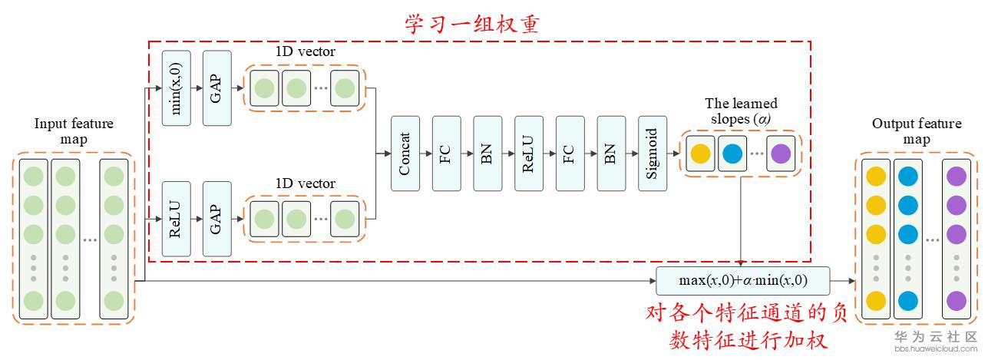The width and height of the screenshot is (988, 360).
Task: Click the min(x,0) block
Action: pos(177,88)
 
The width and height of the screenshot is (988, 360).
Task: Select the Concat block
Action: pos(405,154)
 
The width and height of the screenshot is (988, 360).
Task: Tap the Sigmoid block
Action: pos(653,154)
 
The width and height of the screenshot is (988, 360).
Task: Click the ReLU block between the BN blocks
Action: pos(529,154)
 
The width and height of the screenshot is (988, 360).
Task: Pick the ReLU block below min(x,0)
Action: pos(177,219)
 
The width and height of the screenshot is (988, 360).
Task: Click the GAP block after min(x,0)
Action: pos(217,88)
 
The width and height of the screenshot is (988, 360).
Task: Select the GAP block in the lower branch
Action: pos(217,219)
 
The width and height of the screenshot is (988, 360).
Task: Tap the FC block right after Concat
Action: pos(446,154)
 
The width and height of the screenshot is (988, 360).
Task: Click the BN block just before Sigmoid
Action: pos(611,154)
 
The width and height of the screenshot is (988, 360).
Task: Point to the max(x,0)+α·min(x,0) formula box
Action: pos(743,281)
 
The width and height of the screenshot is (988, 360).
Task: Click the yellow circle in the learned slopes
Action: pos(700,154)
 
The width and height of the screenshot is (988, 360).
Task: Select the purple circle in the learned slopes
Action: pos(781,154)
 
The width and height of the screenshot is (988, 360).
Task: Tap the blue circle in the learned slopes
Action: pos(732,154)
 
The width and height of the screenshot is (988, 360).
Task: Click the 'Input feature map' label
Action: pos(74,131)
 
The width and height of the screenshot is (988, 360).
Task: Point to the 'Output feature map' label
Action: pos(917,131)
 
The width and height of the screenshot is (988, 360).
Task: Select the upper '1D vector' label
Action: pos(306,51)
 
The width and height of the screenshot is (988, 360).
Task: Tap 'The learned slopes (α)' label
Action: pos(741,111)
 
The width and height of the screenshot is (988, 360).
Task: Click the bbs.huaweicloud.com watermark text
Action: pos(936,349)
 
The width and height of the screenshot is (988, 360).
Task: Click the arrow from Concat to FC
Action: pos(426,154)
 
